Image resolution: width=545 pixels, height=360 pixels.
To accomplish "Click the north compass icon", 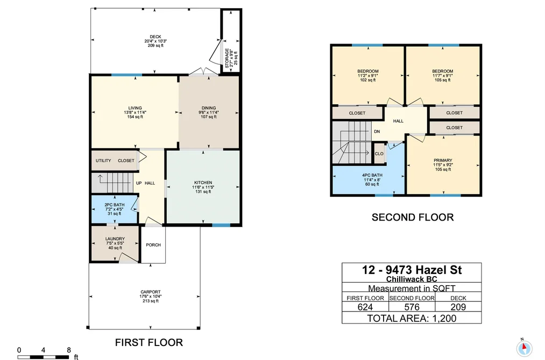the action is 524,348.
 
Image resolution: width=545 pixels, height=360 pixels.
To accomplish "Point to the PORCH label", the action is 153,245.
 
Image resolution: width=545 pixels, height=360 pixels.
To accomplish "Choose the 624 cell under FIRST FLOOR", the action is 365,307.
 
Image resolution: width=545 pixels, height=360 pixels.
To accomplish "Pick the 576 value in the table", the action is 412,307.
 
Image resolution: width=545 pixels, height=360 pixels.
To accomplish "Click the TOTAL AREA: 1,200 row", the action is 412,318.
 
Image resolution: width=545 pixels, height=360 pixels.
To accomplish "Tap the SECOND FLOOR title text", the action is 413,217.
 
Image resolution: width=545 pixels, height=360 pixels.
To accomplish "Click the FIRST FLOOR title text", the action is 149,342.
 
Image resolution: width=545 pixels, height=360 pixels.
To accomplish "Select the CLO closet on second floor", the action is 379,153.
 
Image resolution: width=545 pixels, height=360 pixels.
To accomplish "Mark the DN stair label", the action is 377,132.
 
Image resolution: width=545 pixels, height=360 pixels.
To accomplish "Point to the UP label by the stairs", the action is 139,183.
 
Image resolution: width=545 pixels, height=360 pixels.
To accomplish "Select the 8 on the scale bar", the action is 69,350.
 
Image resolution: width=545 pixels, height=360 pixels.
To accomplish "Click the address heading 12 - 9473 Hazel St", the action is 412,270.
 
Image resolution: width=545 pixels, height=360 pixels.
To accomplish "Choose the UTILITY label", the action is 103,160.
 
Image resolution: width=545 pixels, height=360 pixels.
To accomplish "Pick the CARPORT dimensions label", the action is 151,297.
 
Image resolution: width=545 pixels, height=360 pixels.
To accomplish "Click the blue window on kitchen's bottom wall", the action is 221,225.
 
